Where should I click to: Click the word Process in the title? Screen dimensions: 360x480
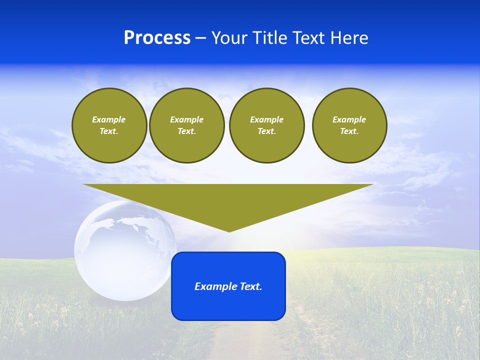coord(157,38)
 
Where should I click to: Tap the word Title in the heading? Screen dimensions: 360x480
coord(269,38)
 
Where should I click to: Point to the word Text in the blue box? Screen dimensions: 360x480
coord(250,286)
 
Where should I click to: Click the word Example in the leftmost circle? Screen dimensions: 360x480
coord(109,119)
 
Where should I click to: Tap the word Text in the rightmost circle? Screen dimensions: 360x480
coord(349,131)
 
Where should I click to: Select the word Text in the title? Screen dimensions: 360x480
coord(308,38)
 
